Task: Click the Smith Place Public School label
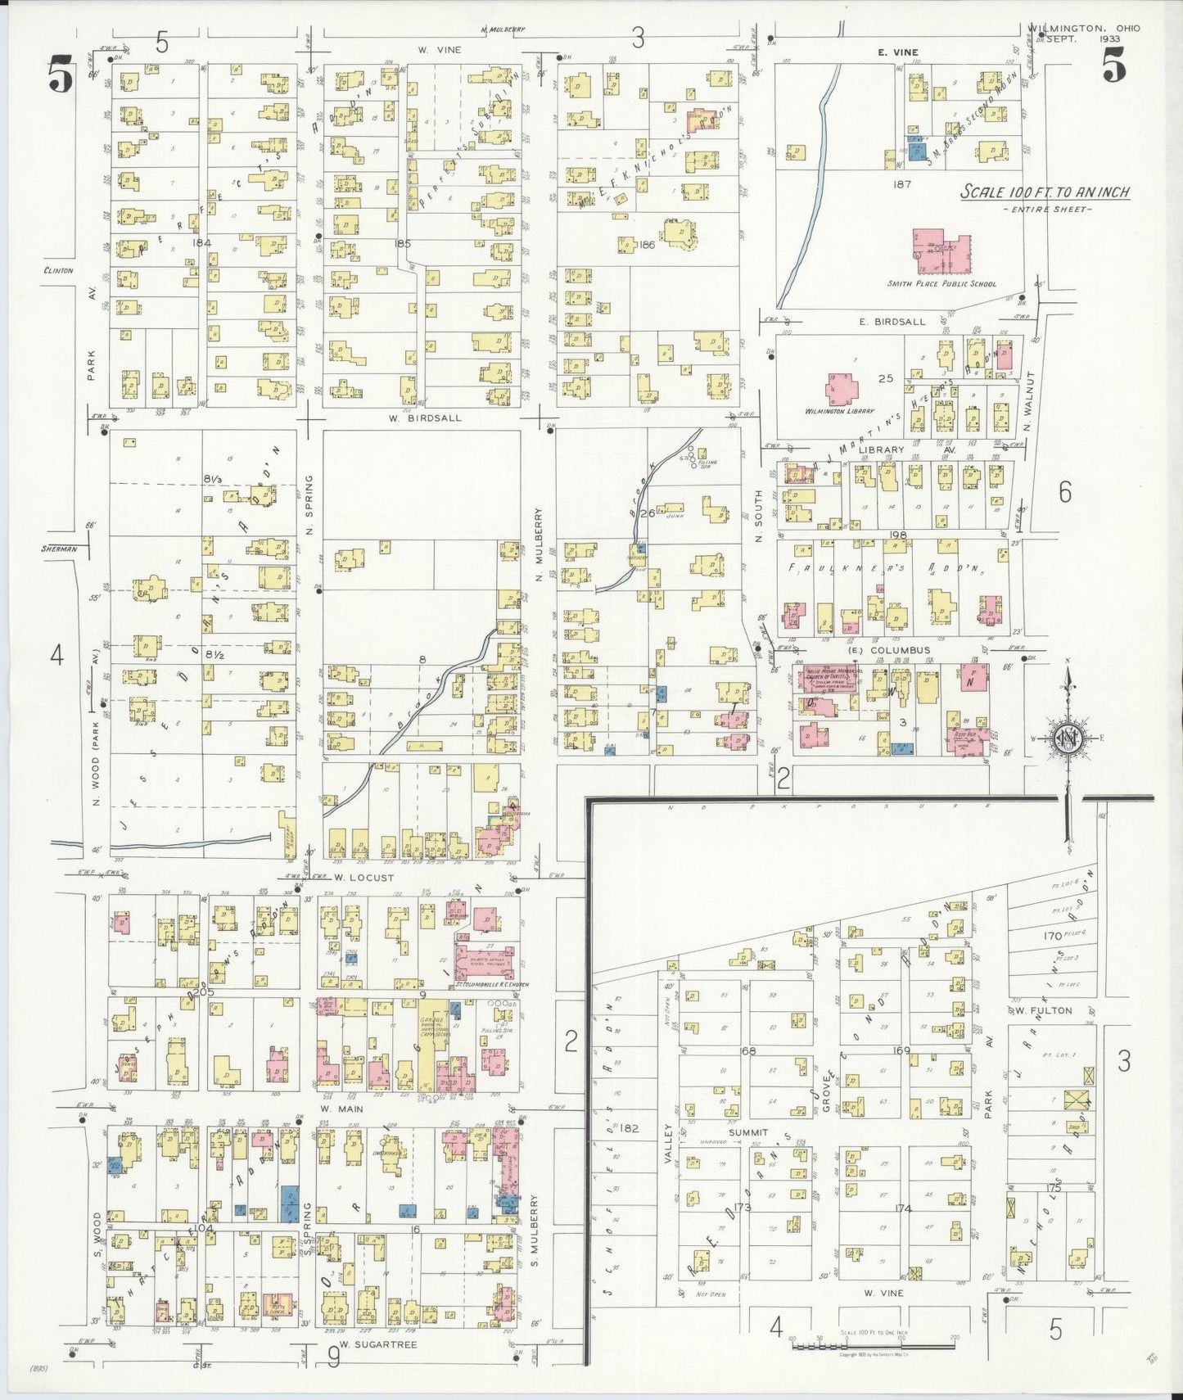941,284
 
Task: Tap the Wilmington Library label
839,411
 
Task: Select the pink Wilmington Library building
842,389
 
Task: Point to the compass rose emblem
1068,737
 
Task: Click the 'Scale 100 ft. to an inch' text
1045,192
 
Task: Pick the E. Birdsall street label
892,322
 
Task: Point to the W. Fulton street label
1044,1010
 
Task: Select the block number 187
901,184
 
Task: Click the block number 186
647,244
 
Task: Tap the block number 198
898,535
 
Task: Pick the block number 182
629,1128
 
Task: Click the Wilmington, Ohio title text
1083,28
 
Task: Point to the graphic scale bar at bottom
873,1344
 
